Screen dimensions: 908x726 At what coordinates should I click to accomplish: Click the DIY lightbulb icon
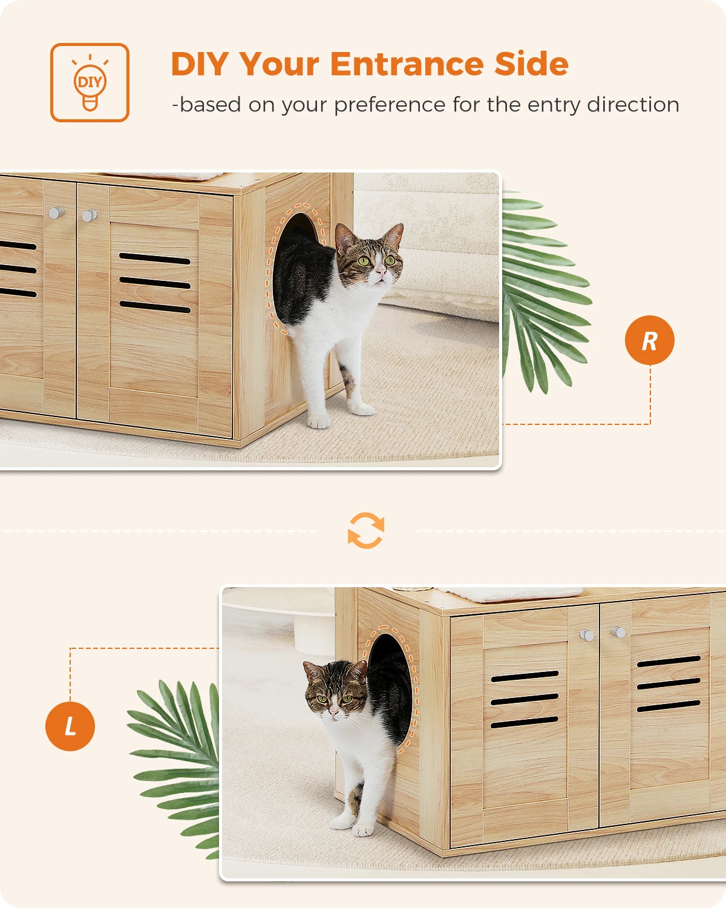click(x=90, y=83)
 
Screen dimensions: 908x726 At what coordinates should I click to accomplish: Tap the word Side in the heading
click(x=531, y=64)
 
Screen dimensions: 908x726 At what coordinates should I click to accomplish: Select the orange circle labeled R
click(x=649, y=340)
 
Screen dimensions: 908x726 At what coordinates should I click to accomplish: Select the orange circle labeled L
click(x=70, y=726)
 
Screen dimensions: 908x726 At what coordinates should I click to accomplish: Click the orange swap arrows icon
click(x=366, y=531)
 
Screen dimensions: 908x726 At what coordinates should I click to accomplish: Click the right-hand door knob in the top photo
click(x=89, y=215)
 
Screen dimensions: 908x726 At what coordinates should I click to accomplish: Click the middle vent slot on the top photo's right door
click(x=155, y=283)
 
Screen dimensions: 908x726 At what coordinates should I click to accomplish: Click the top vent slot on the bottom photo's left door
click(x=525, y=676)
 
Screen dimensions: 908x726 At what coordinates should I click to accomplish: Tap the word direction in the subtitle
click(x=633, y=105)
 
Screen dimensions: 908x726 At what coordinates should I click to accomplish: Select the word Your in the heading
click(x=279, y=64)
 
